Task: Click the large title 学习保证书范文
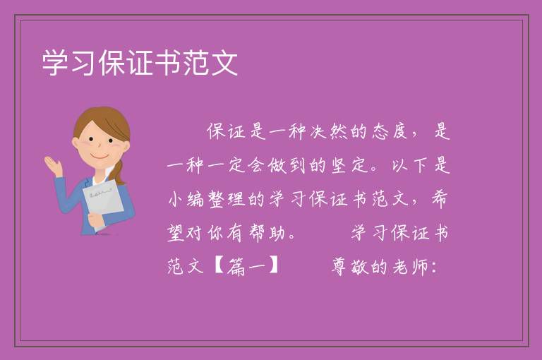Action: [x=140, y=63]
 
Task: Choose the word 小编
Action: [x=186, y=199]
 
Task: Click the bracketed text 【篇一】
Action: [x=247, y=267]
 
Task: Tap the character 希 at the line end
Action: [x=440, y=199]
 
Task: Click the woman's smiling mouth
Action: [x=100, y=157]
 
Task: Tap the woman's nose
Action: [x=100, y=145]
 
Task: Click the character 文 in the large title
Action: [x=224, y=63]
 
